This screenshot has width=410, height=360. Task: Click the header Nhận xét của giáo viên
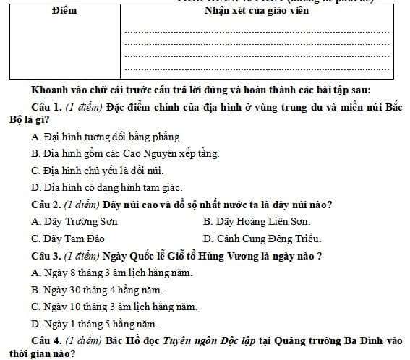257,11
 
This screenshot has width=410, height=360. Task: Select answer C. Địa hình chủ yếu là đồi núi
98,171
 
